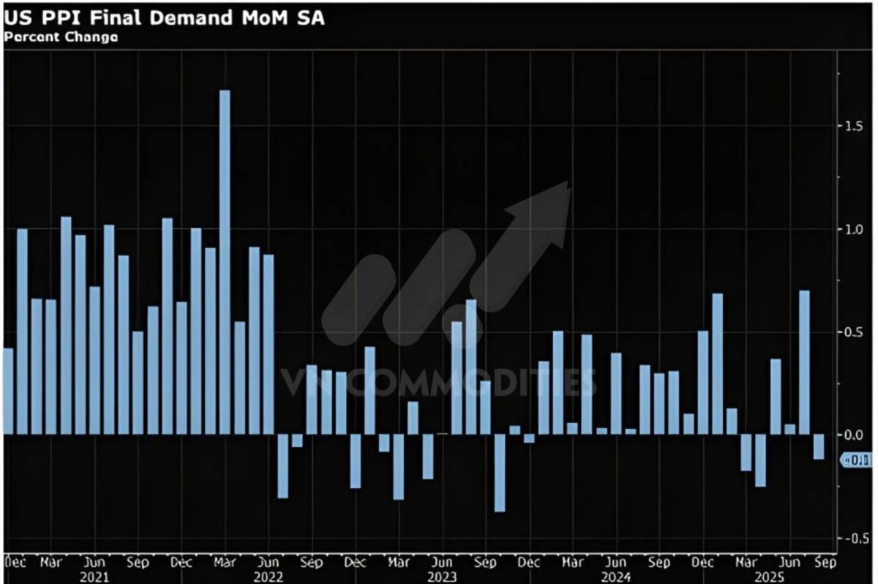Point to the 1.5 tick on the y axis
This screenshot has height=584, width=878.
pyautogui.click(x=852, y=126)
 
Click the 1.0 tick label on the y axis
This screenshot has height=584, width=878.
pyautogui.click(x=852, y=230)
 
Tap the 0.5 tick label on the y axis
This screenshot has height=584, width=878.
pyautogui.click(x=852, y=332)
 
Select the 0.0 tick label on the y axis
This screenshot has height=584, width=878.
pyautogui.click(x=852, y=435)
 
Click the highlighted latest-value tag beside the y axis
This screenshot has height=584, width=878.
pyautogui.click(x=857, y=460)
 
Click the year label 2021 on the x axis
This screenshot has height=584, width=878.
pyautogui.click(x=94, y=577)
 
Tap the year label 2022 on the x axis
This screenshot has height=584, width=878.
pyautogui.click(x=268, y=577)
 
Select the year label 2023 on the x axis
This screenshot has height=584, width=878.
pyautogui.click(x=441, y=577)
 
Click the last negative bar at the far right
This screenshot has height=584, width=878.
pyautogui.click(x=819, y=447)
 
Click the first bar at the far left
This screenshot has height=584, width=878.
pyautogui.click(x=8, y=391)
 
